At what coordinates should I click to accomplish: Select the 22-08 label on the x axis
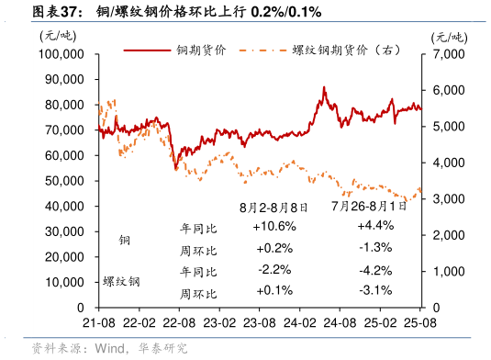click(178, 323)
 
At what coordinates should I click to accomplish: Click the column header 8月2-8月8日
click(273, 208)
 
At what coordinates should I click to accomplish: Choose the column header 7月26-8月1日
click(362, 208)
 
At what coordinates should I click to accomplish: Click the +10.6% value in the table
click(273, 226)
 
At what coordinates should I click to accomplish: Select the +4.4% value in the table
click(374, 226)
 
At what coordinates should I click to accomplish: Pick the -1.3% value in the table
click(374, 247)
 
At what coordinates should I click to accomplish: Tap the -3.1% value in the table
click(374, 291)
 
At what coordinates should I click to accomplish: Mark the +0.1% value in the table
click(273, 291)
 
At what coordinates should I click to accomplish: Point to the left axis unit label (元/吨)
click(59, 36)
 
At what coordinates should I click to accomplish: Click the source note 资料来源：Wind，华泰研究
click(109, 349)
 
